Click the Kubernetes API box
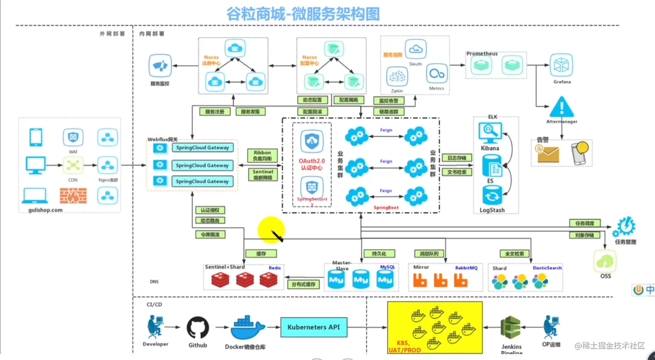click(x=314, y=327)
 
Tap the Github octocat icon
click(x=198, y=327)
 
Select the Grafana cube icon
click(x=561, y=65)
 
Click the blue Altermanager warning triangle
click(x=561, y=107)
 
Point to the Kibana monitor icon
click(x=489, y=132)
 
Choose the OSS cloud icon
click(x=605, y=261)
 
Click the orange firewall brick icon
click(x=73, y=196)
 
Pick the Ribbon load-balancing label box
click(x=262, y=156)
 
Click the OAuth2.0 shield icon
click(x=312, y=141)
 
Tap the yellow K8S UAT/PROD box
click(x=434, y=327)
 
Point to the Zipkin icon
click(x=397, y=76)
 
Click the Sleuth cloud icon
click(x=415, y=49)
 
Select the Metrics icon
click(x=437, y=74)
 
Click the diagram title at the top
click(x=303, y=14)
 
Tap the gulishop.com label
click(x=45, y=210)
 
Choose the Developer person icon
click(x=155, y=327)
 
